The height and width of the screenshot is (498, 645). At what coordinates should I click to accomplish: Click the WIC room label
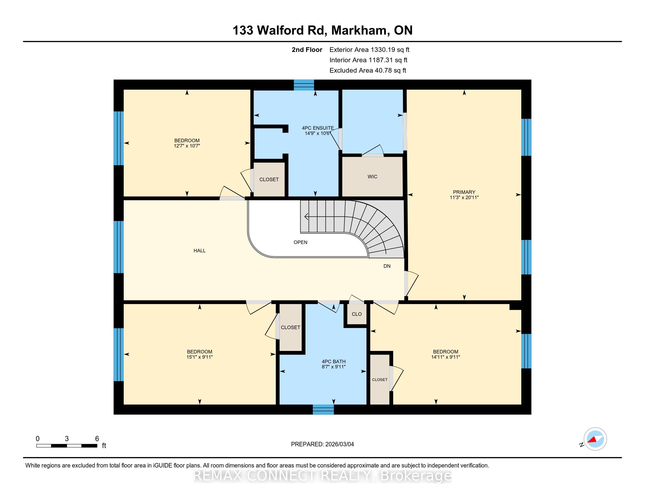click(372, 176)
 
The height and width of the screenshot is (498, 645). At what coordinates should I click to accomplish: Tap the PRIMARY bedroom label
click(464, 192)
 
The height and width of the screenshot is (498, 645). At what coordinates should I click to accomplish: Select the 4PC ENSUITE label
click(318, 128)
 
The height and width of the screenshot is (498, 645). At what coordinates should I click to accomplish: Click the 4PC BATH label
click(334, 361)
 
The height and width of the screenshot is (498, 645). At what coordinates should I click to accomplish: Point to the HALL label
click(200, 250)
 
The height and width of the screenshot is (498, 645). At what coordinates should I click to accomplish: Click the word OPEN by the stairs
click(300, 242)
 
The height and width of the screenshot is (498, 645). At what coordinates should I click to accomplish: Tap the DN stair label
click(387, 266)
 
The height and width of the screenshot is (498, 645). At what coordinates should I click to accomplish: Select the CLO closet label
click(357, 314)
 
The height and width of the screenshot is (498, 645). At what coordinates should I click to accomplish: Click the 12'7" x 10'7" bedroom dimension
click(187, 146)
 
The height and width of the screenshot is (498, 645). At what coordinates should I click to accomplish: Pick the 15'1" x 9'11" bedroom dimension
click(200, 357)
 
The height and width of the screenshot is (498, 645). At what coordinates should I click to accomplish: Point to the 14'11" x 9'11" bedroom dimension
click(446, 357)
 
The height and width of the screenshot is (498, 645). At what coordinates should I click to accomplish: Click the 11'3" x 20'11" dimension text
click(464, 197)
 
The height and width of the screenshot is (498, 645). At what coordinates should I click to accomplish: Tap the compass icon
click(595, 439)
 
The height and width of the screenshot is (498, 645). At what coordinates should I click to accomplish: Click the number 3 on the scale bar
click(67, 439)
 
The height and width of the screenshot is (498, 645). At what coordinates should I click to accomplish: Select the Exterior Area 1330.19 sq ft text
click(369, 50)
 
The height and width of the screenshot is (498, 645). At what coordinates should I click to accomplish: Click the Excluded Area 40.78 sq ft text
click(368, 70)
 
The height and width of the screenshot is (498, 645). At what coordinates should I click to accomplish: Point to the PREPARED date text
click(322, 444)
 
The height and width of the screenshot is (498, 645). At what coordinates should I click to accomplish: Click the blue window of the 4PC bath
click(323, 409)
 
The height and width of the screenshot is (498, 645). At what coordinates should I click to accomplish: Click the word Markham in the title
click(359, 30)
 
